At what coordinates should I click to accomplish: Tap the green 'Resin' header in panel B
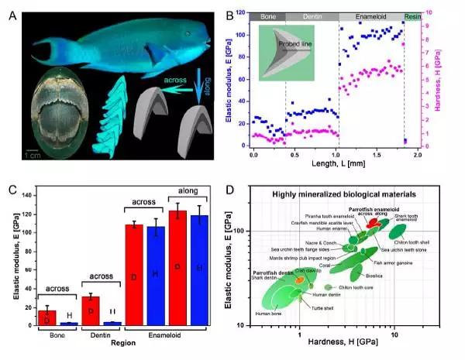click(415, 15)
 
